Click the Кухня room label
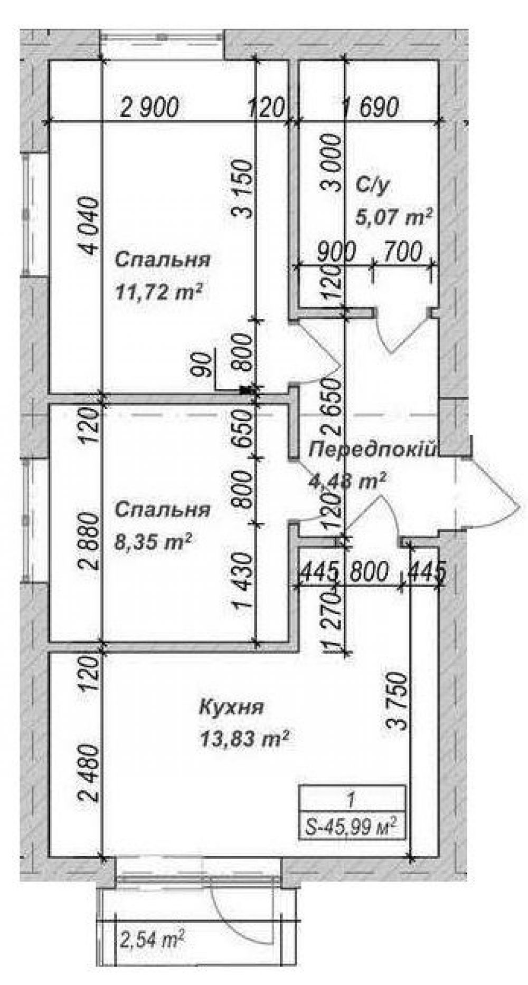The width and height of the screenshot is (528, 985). tap(231, 707)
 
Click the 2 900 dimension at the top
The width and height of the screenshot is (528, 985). tap(150, 107)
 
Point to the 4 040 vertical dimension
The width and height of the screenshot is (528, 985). tap(88, 226)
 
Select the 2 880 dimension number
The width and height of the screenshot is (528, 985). tap(88, 542)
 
